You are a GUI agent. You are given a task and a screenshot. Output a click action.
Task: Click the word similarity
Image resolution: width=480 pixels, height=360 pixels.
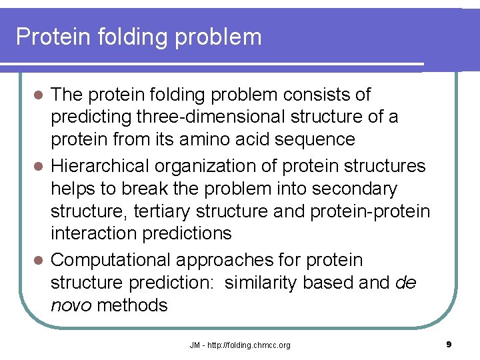click(260, 283)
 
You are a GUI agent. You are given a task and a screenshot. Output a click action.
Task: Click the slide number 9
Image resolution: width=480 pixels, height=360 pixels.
click(449, 345)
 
